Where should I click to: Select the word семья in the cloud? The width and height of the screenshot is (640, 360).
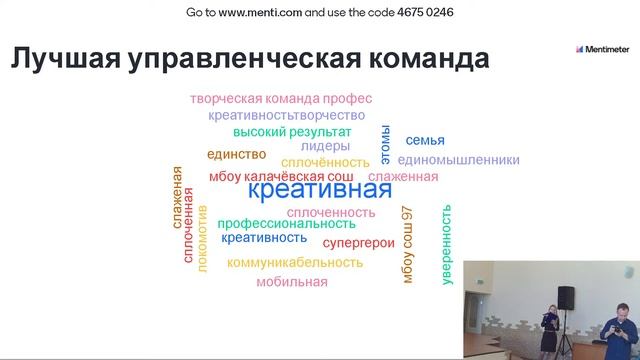(x=425, y=141)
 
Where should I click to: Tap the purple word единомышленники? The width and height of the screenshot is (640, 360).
(x=458, y=159)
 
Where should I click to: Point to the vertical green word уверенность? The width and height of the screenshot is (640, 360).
(x=446, y=245)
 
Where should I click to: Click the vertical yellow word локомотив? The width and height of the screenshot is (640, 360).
(x=202, y=238)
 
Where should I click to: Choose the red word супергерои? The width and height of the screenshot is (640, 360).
(x=357, y=242)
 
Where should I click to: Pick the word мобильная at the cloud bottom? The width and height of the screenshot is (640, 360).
(x=291, y=282)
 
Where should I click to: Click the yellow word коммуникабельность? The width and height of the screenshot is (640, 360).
(x=294, y=262)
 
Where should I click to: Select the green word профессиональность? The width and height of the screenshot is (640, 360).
(x=286, y=223)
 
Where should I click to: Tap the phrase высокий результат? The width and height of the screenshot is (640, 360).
(x=292, y=132)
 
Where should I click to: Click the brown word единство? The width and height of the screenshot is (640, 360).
(x=236, y=154)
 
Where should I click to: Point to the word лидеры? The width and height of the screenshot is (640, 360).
(x=325, y=146)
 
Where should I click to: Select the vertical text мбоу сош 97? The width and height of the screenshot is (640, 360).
(x=408, y=244)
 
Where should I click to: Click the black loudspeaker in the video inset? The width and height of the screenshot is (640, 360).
(x=565, y=298)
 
